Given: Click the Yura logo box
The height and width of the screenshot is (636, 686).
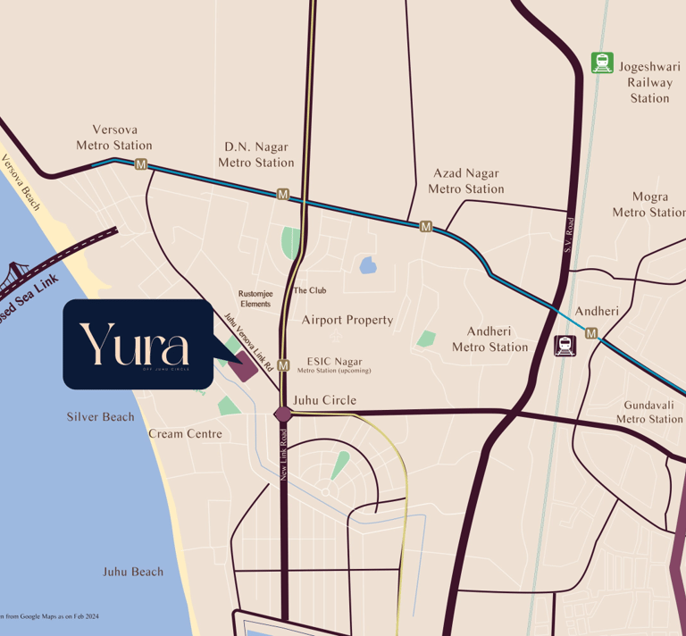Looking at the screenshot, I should pyautogui.click(x=136, y=344).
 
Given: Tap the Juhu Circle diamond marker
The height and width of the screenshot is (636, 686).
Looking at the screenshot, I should pyautogui.click(x=283, y=414).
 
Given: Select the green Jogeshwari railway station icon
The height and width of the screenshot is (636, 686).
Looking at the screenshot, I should pyautogui.click(x=602, y=63).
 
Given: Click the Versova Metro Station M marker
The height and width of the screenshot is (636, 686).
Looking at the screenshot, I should pyautogui.click(x=140, y=163).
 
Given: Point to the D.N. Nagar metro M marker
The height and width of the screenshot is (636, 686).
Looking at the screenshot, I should pyautogui.click(x=283, y=194).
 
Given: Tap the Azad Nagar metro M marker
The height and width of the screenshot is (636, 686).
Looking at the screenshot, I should pyautogui.click(x=426, y=227).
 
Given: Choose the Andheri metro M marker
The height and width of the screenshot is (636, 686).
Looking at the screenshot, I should pyautogui.click(x=591, y=333).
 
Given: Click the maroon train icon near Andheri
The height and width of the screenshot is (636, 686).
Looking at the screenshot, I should pyautogui.click(x=565, y=345).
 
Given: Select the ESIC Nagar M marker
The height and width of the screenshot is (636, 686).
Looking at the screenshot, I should pyautogui.click(x=283, y=364).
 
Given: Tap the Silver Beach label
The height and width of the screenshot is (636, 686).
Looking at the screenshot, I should pyautogui.click(x=100, y=417).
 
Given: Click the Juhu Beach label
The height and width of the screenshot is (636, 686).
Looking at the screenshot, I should pyautogui.click(x=133, y=572).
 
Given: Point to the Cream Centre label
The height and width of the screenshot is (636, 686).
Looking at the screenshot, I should pyautogui.click(x=185, y=434).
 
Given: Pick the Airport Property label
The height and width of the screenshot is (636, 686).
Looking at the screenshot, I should pyautogui.click(x=347, y=320).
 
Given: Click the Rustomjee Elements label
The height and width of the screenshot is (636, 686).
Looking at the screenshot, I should pyautogui.click(x=255, y=298).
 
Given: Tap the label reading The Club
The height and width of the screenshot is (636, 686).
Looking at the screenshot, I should pyautogui.click(x=310, y=290).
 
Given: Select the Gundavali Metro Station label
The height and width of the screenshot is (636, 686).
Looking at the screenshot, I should pyautogui.click(x=649, y=412).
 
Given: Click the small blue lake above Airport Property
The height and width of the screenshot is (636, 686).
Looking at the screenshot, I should pyautogui.click(x=367, y=264).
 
